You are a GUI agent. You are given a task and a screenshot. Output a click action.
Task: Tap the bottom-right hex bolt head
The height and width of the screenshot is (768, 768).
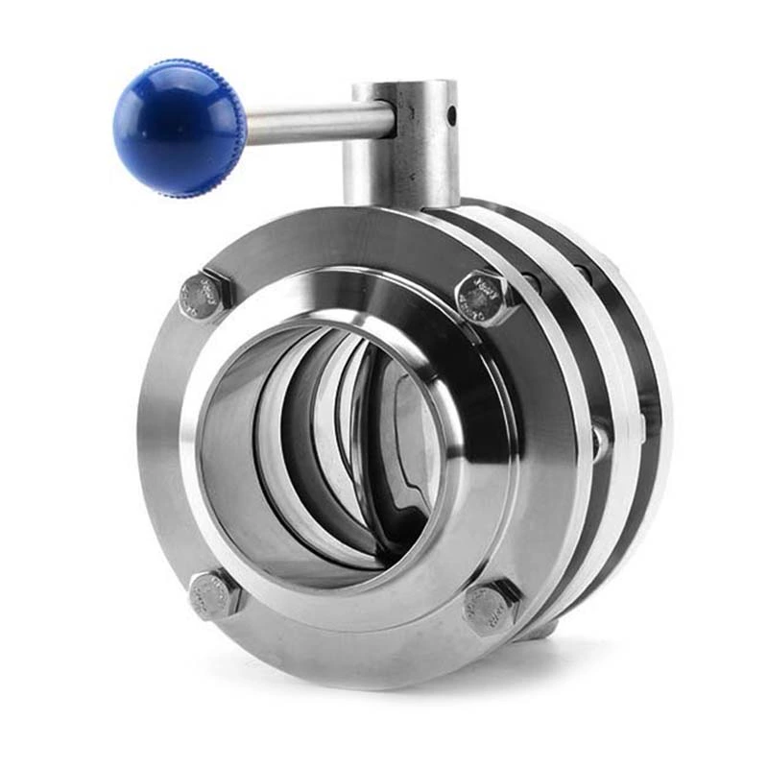click(489, 607)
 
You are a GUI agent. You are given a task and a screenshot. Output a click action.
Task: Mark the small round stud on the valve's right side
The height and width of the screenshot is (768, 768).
click(598, 441)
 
